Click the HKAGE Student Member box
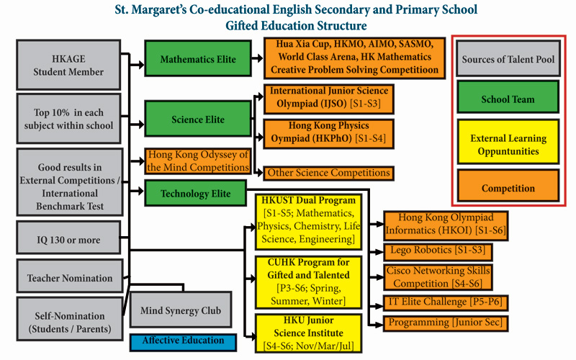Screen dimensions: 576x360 coord(68,65)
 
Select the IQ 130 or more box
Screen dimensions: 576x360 coord(68,238)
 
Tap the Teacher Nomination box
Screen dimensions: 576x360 coord(69,276)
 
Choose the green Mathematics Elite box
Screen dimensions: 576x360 coord(198,58)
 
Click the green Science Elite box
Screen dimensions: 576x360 coord(198,119)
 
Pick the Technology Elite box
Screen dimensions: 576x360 coord(195,193)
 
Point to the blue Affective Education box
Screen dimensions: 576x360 coord(183,341)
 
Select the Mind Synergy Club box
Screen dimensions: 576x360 coord(181,310)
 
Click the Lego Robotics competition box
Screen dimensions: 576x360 coord(438,251)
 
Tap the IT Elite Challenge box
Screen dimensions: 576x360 coord(446,302)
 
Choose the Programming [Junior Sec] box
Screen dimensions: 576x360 coord(446,323)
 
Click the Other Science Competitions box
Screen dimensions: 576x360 coord(329,173)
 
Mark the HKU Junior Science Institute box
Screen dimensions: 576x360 coord(309,333)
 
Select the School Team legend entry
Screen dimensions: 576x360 coord(508,97)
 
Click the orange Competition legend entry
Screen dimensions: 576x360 coord(508,186)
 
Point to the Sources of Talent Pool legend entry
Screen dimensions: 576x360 coord(508,58)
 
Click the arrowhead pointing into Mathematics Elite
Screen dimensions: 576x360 coord(140,65)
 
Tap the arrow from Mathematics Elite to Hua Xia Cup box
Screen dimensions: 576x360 coord(257,58)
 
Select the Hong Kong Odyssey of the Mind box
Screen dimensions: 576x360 coord(198,161)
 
